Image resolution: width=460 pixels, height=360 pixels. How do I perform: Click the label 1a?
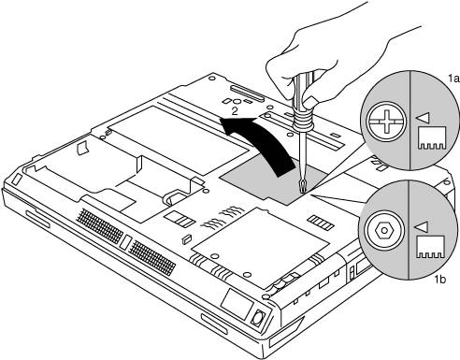[453, 79]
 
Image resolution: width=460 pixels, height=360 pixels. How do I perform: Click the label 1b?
[440, 280]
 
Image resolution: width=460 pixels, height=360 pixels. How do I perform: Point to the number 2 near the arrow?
[235, 111]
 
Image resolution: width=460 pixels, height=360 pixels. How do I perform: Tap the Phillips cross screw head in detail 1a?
[386, 122]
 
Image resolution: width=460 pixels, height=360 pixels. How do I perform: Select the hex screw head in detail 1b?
[384, 230]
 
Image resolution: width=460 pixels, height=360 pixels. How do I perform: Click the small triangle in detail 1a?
[423, 118]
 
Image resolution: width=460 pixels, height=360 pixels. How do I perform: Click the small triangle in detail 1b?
[421, 227]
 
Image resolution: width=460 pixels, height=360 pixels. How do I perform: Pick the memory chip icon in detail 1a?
[432, 137]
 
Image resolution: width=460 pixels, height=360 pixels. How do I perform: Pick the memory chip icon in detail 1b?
[431, 247]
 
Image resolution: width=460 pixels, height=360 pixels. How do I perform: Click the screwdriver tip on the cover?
[302, 188]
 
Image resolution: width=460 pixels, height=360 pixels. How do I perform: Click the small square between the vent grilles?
[125, 242]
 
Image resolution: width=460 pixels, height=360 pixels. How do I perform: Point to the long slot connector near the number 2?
[248, 94]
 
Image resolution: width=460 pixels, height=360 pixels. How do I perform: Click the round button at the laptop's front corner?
[258, 319]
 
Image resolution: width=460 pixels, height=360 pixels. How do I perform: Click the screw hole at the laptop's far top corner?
[211, 77]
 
